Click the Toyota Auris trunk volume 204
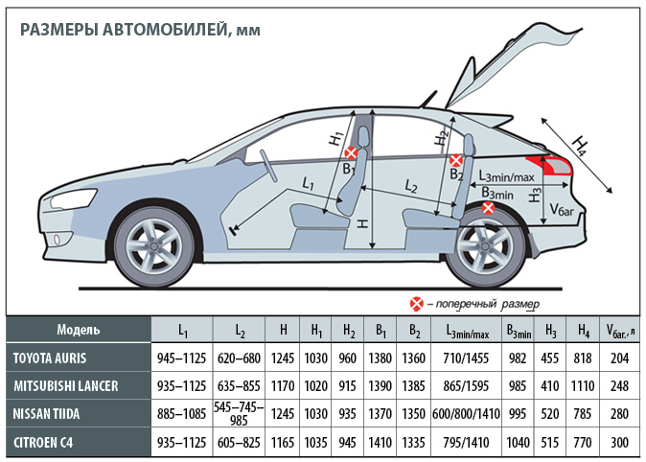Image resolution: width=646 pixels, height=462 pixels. point(619,358)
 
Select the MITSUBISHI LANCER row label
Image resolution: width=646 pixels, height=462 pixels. point(66,386)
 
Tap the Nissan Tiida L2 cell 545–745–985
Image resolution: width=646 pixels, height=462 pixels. point(239,413)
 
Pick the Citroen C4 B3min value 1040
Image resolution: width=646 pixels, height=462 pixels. point(518,442)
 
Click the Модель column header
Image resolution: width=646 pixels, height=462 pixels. point(79,330)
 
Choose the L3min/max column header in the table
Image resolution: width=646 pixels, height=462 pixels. point(467,331)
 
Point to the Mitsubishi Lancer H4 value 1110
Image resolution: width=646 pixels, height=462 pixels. point(583,386)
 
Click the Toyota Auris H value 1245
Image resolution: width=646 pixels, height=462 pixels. point(283,358)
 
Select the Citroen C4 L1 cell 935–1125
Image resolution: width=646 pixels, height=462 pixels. point(181,442)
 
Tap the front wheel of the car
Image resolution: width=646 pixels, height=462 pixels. point(153,246)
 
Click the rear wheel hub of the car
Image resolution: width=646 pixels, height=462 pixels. point(485,247)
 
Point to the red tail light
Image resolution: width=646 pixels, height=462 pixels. point(549,165)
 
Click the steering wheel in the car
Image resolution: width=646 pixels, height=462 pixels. point(268,165)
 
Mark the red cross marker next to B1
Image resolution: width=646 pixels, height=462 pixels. point(351,153)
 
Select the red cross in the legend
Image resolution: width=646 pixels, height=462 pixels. point(417,304)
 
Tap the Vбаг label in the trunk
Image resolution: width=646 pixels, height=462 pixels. point(562,210)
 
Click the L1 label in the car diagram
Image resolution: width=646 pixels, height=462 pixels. point(309,183)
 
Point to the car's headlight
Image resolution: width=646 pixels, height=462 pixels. point(70,200)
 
